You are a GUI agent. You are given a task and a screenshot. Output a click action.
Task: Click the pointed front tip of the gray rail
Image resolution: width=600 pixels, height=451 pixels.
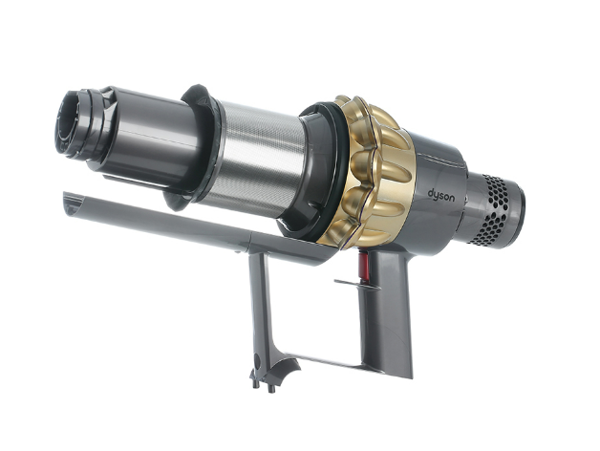(x=69, y=200)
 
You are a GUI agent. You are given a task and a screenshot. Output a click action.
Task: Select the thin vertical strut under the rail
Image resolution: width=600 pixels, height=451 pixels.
(x=258, y=306)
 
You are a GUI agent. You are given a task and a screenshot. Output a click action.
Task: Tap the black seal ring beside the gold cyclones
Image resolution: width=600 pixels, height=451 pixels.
(x=321, y=177)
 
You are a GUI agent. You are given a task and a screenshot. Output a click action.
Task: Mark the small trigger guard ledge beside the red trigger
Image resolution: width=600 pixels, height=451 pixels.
(x=348, y=284)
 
